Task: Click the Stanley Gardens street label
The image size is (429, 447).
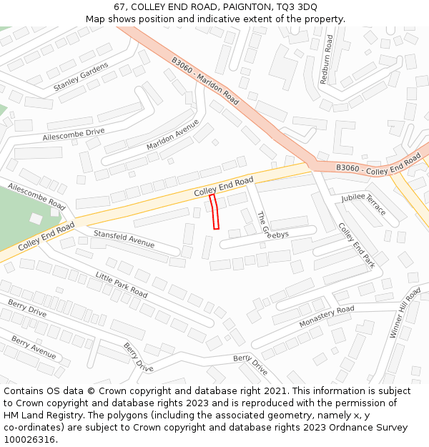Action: [81, 77]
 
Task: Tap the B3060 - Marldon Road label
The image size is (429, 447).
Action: [205, 79]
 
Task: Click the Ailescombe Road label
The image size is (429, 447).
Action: [36, 195]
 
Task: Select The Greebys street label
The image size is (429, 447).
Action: [272, 225]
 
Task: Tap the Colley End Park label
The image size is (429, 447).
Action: [356, 245]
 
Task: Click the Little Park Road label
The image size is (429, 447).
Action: [122, 284]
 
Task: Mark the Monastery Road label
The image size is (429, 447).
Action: [326, 317]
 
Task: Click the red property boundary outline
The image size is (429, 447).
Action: [214, 212]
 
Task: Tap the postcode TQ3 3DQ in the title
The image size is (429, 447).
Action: [296, 6]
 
